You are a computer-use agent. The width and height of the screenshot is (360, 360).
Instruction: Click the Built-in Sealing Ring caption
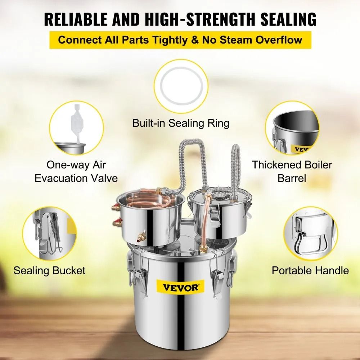point(181,123)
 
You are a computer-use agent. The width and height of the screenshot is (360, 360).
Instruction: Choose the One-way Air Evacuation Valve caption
point(76,171)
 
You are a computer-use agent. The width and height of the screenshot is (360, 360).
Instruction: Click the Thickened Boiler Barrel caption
point(292,171)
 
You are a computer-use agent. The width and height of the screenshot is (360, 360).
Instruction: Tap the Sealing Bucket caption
point(50,270)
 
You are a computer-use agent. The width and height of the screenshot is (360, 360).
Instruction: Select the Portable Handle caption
point(310,270)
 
